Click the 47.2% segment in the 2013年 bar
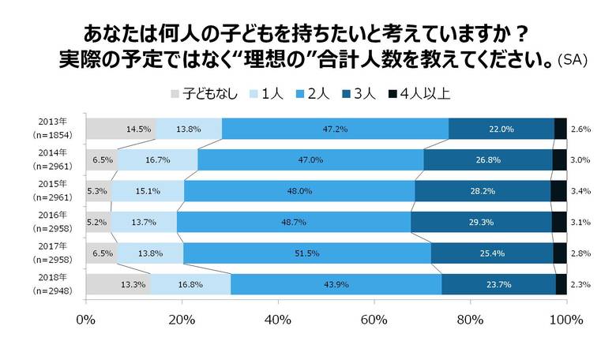click(x=335, y=129)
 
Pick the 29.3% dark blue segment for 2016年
click(x=481, y=223)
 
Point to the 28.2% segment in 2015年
click(x=482, y=191)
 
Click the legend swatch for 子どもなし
click(x=175, y=93)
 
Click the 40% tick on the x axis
click(x=278, y=320)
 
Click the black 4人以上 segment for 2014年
click(x=559, y=160)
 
